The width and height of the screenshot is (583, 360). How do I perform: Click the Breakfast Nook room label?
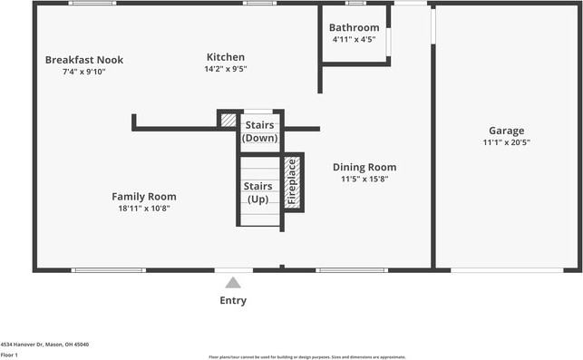click(84, 60)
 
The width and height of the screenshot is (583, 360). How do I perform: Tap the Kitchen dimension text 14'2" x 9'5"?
click(226, 68)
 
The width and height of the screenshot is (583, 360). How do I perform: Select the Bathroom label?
click(354, 27)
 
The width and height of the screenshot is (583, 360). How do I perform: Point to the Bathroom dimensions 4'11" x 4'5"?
click(354, 39)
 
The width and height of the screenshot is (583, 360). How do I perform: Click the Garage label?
click(506, 131)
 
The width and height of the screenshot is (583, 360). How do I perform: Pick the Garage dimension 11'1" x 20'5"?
click(506, 142)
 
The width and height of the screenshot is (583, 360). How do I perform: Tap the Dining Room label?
click(364, 167)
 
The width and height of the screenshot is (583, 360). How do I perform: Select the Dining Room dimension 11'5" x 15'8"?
click(364, 179)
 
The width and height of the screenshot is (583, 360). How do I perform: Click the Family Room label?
click(143, 196)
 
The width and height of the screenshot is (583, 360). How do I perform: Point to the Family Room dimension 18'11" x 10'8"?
click(143, 208)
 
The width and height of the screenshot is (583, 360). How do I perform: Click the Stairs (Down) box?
click(259, 131)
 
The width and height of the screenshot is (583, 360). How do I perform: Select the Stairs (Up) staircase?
click(258, 192)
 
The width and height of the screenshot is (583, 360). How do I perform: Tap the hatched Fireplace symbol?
click(292, 183)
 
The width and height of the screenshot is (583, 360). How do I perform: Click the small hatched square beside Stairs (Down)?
click(228, 120)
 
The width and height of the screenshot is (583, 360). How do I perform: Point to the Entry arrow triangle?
click(233, 282)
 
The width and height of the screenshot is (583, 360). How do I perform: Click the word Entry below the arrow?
click(233, 300)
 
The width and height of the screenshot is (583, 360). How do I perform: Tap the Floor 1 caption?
click(9, 355)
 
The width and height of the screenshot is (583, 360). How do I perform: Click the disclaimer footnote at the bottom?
click(306, 357)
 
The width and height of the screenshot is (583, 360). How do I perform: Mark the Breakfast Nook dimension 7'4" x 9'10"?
click(84, 72)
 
